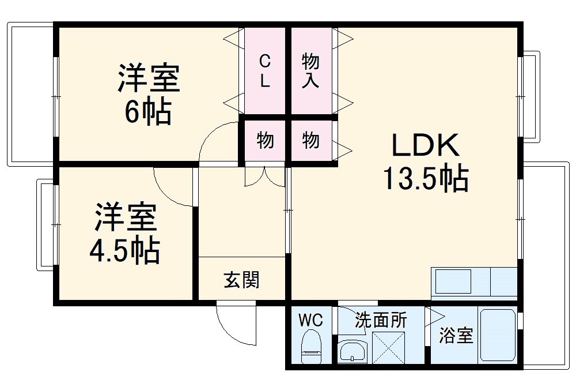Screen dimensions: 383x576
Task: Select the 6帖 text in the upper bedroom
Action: point(148,112)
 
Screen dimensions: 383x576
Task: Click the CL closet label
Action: point(264,70)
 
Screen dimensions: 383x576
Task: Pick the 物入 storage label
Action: point(311,70)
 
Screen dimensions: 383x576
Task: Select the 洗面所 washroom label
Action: point(380,320)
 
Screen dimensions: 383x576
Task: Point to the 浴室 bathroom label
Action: point(456,336)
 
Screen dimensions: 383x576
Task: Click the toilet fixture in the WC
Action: point(312,347)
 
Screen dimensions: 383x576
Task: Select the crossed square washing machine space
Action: point(389,347)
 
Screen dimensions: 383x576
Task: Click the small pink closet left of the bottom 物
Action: point(264,140)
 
